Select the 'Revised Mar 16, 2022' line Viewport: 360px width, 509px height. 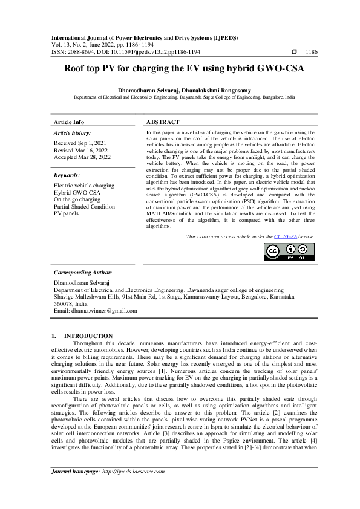click(82, 150)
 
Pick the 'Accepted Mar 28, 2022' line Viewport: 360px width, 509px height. click(82, 157)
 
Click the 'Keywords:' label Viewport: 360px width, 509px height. click(68, 175)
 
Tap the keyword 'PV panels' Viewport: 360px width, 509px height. click(67, 213)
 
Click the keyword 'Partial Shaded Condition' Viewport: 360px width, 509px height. click(84, 206)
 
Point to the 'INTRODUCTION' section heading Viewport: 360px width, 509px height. click(88, 336)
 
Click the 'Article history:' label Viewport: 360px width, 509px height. click(73, 132)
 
